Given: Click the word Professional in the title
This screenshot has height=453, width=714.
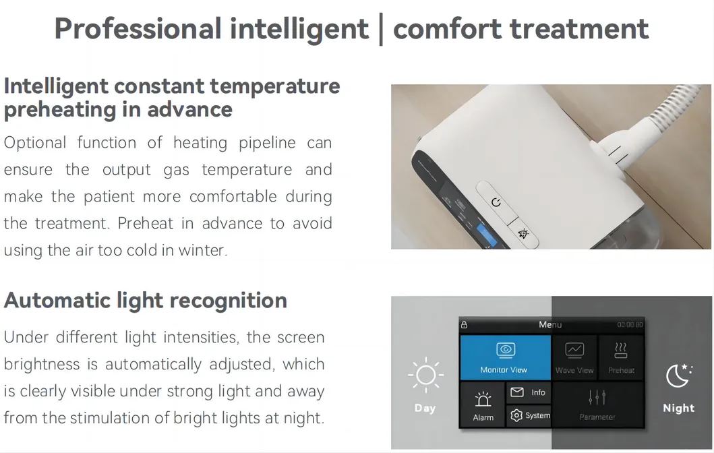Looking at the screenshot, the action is tap(138, 29).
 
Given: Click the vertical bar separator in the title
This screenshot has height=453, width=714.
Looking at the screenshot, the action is tap(381, 30).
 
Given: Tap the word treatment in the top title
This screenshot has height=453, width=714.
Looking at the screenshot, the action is tap(578, 29).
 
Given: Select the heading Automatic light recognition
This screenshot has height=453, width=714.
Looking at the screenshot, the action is tap(145, 301).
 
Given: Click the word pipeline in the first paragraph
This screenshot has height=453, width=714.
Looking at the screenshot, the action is tap(267, 143).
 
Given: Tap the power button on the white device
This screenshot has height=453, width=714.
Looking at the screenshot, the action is tap(496, 202).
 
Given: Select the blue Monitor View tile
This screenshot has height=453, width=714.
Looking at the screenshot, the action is tap(505, 358).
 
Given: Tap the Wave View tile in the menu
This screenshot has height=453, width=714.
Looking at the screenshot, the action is tap(574, 358).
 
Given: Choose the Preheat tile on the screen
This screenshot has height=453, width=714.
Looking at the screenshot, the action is tap(621, 358).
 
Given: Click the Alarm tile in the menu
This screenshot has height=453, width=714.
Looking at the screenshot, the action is tap(483, 404).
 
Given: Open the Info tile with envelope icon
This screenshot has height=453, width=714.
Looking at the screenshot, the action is tap(529, 392).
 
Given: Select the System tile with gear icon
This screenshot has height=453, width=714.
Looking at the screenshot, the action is tap(529, 416).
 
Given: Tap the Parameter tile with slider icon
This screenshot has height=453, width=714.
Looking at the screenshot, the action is tap(598, 404).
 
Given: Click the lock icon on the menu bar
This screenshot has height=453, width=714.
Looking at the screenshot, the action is tap(465, 325).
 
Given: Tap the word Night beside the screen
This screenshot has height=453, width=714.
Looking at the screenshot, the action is tap(678, 408).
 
